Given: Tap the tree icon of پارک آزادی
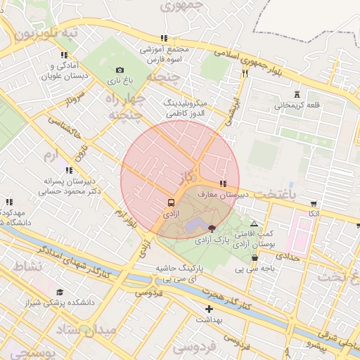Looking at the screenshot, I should (x=212, y=227).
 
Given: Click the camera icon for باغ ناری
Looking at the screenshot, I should (x=120, y=70).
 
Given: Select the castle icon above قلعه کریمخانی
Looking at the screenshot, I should (x=297, y=94).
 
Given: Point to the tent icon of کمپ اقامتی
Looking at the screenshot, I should (x=254, y=224).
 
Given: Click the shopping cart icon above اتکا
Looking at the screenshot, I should (x=313, y=203).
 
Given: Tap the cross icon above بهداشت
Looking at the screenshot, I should (x=208, y=309).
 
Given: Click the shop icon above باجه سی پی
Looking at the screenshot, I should (x=254, y=257).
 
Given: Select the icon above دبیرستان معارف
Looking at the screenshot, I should (x=223, y=184).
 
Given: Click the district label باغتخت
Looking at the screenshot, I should (x=296, y=192).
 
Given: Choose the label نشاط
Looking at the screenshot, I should (x=27, y=266).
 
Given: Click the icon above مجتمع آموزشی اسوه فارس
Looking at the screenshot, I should (x=165, y=39).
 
